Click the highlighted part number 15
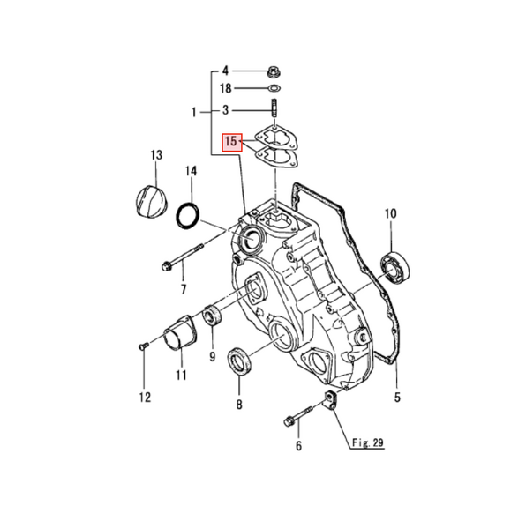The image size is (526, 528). point(231,141)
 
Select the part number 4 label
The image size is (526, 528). point(225,71)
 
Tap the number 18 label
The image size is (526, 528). point(225,89)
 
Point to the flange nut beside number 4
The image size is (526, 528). point(274,71)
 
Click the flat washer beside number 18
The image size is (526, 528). point(274,89)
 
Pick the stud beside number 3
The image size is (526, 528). point(274,110)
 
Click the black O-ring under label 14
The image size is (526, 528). point(188,214)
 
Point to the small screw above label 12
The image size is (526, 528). point(143,346)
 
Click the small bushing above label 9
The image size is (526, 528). point(213,315)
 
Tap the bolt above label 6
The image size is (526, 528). point(300,414)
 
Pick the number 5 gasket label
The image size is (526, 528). point(397,398)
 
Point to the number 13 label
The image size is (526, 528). point(155,155)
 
